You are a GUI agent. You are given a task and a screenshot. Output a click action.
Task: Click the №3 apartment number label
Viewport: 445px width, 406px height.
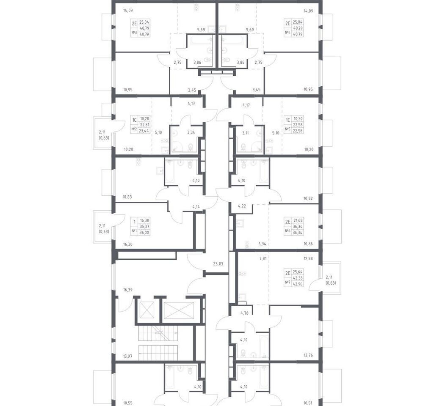(x=134, y=33)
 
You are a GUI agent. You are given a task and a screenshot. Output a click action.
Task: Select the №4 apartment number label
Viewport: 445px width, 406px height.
(x=288, y=33)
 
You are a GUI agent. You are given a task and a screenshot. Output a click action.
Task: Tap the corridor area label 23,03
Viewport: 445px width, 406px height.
(x=218, y=263)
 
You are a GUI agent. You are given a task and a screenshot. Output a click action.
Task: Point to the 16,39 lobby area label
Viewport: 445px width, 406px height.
(x=128, y=290)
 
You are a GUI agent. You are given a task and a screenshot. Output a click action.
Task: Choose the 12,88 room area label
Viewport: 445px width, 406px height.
(x=308, y=258)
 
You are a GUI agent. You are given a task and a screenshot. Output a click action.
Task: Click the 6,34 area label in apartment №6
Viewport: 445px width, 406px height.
(x=262, y=244)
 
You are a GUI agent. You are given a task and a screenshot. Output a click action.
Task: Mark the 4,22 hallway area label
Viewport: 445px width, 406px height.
(x=242, y=206)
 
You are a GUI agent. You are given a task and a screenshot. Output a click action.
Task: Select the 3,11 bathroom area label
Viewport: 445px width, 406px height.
(x=245, y=132)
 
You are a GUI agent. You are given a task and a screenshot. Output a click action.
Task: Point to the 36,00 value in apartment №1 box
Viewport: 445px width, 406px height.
(x=145, y=233)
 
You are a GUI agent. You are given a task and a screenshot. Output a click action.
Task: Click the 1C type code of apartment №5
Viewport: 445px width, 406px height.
(x=287, y=120)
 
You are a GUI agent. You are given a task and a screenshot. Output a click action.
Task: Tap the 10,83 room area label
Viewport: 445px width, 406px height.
(x=127, y=197)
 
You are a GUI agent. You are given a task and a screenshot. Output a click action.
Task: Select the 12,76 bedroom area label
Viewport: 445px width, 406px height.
(x=308, y=355)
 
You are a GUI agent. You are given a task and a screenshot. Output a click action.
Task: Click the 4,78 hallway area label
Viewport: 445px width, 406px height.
(x=245, y=313)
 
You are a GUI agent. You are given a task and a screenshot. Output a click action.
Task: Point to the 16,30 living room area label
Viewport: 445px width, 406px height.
(x=128, y=244)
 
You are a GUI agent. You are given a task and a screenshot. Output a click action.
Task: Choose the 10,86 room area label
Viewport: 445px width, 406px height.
(x=308, y=244)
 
